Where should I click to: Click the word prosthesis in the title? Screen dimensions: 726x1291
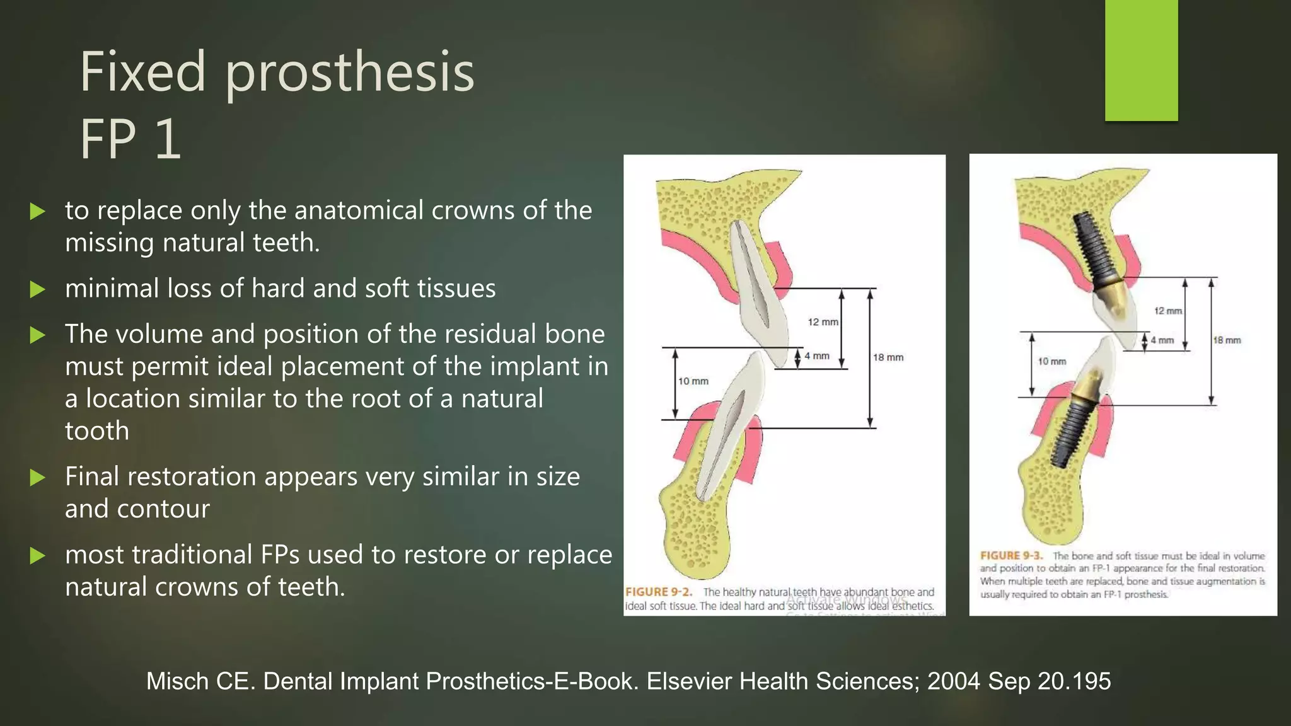pos(349,73)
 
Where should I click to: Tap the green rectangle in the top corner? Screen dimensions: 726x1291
pos(1141,60)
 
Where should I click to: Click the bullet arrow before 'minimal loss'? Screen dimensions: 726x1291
pos(38,290)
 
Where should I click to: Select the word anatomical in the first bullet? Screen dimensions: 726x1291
pos(360,210)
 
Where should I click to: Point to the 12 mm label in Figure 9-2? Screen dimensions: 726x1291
pos(823,322)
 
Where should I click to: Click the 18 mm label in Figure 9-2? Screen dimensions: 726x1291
pos(888,357)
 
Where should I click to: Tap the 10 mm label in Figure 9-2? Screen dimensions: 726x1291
pos(693,381)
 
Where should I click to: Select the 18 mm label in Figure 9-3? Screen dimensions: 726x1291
pos(1227,340)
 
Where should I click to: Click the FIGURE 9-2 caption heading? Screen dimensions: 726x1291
pos(658,592)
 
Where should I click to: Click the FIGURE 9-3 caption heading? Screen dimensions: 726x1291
pos(1011,556)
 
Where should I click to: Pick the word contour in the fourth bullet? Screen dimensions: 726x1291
pos(168,509)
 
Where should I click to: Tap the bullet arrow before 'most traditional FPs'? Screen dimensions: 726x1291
pos(38,556)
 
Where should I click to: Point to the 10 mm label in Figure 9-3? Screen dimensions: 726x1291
pos(1051,362)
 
